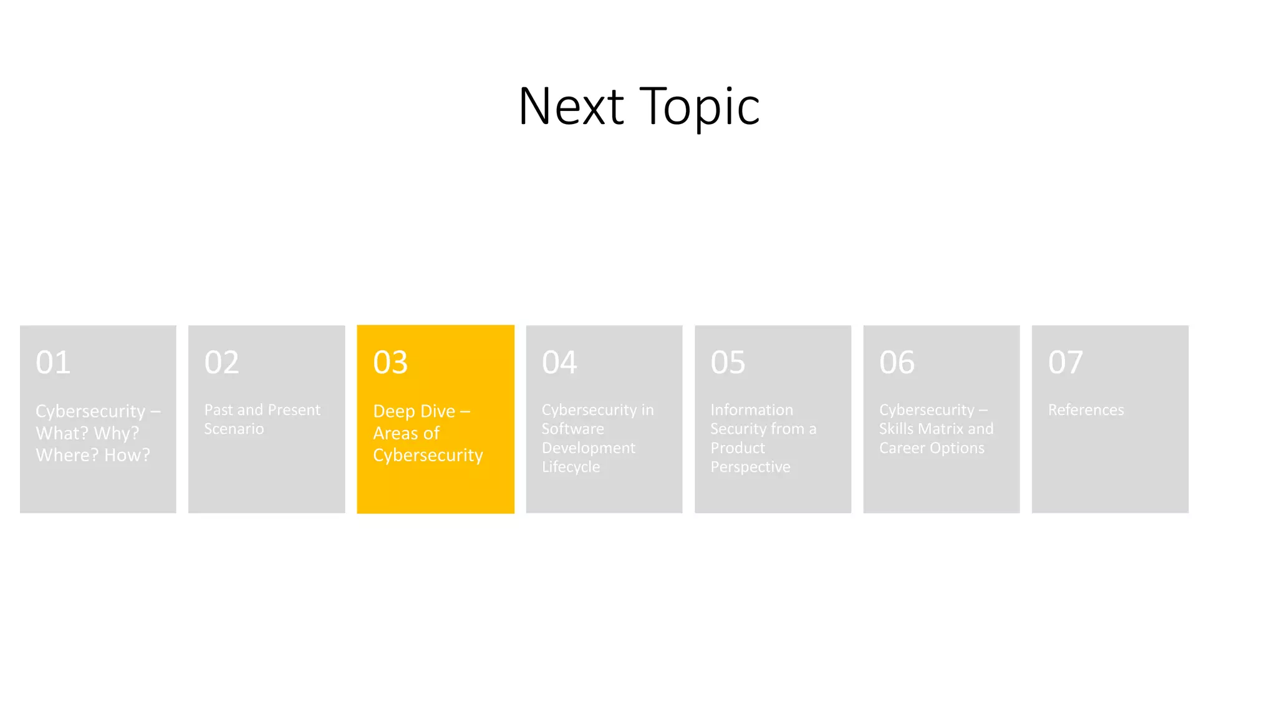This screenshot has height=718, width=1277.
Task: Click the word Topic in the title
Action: (700, 107)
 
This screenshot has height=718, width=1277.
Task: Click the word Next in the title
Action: (571, 107)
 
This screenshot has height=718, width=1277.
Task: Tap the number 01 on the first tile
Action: (53, 363)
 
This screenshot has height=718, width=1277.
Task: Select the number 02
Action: (221, 363)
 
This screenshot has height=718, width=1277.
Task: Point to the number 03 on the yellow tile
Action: (390, 363)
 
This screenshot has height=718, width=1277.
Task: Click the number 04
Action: (559, 363)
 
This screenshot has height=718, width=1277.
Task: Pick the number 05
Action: (728, 363)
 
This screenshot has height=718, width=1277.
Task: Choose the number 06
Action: (897, 363)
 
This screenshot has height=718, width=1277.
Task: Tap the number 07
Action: (1065, 363)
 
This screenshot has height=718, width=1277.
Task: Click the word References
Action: (1086, 410)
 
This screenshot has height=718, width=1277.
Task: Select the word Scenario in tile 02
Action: (234, 429)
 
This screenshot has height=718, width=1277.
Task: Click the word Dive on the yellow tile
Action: (438, 411)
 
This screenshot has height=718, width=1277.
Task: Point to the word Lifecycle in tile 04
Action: (571, 467)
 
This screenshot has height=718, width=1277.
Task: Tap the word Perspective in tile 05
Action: (750, 467)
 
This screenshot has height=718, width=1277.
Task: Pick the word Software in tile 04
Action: (572, 429)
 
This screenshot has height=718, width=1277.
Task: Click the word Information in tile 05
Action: (751, 410)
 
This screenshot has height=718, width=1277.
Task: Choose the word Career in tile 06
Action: (902, 448)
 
